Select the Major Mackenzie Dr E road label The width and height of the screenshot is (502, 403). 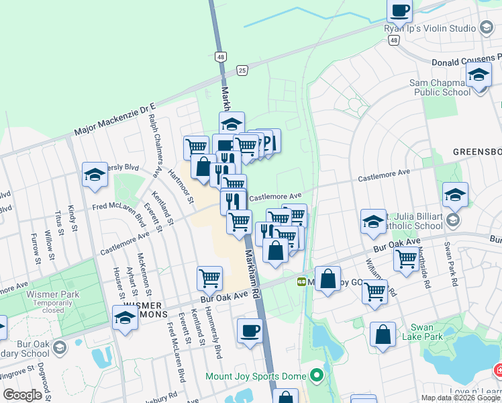click(x=115, y=120)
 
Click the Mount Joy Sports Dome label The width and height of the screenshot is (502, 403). click(x=255, y=376)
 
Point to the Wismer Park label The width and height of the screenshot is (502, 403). click(x=52, y=294)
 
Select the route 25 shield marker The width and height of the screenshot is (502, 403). click(x=242, y=69)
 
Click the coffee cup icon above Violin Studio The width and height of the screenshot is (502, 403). click(x=400, y=11)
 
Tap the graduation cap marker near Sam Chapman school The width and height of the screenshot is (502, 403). click(x=479, y=74)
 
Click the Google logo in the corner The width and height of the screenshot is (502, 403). click(x=21, y=395)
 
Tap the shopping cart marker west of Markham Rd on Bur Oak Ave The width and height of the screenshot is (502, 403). click(x=210, y=277)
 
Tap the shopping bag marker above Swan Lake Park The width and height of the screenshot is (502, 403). click(x=383, y=335)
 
